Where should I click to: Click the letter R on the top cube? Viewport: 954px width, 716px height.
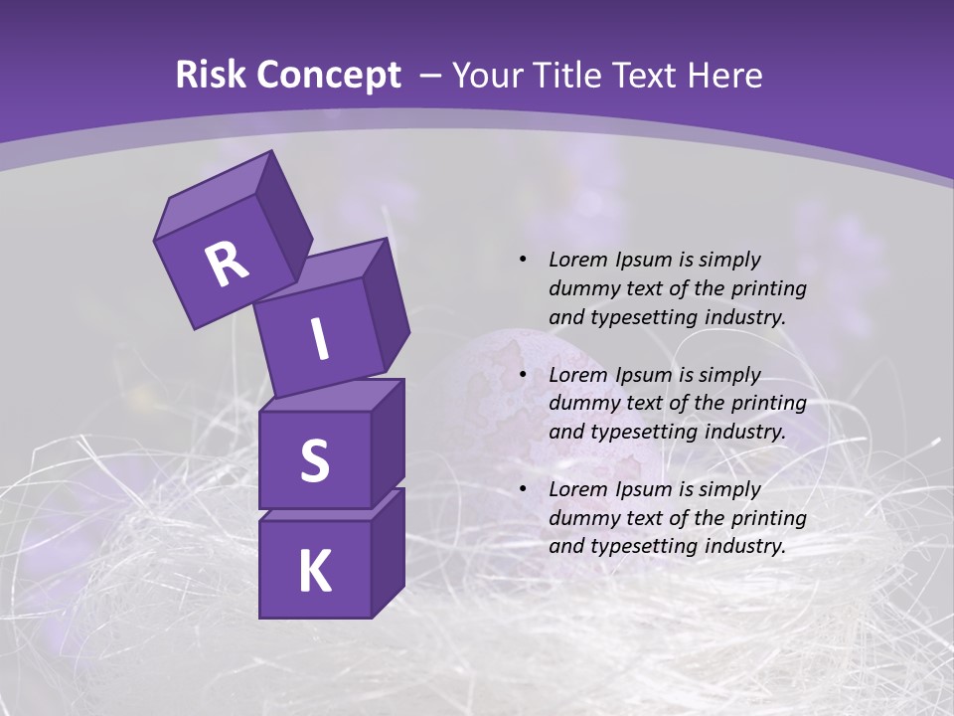[x=227, y=264]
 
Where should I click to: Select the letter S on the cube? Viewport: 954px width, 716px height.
[x=314, y=461]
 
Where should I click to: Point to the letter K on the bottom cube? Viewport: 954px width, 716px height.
[x=314, y=572]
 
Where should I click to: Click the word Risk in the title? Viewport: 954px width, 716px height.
[x=211, y=75]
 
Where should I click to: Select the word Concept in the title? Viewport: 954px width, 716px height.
[x=328, y=75]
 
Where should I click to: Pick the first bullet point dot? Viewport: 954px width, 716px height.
[x=523, y=260]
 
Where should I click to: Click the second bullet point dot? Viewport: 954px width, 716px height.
[x=523, y=375]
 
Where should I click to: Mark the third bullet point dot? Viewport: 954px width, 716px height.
[x=523, y=489]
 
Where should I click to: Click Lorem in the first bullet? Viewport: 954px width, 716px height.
[x=575, y=260]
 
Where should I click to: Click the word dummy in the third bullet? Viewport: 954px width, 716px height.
[x=583, y=518]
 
